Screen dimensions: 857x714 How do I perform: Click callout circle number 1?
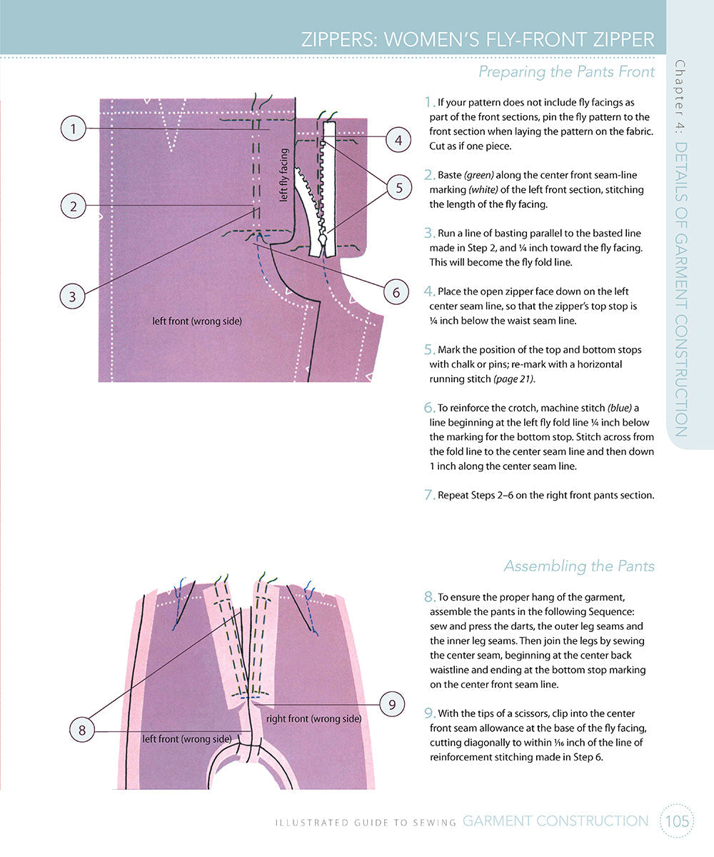pos(73,129)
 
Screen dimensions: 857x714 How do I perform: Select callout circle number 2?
pos(73,206)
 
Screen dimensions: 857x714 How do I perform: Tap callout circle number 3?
pos(73,296)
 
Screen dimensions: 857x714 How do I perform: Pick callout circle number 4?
pos(398,140)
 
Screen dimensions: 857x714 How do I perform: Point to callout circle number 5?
pos(398,188)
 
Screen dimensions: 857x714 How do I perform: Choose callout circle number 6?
pos(396,291)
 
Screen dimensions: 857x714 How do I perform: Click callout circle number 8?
pos(82,729)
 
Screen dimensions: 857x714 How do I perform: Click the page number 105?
pos(676,821)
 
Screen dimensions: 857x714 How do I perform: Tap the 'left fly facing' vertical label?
pos(283,175)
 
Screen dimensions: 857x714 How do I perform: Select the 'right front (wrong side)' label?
pos(313,718)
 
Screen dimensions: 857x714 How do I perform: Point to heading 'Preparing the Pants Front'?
pos(566,71)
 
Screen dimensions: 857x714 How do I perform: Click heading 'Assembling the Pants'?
pos(578,566)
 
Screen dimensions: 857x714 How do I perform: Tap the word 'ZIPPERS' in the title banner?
pos(340,39)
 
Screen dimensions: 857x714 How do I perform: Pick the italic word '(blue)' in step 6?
pos(619,408)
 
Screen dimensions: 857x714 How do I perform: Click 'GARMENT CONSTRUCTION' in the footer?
pos(555,821)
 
